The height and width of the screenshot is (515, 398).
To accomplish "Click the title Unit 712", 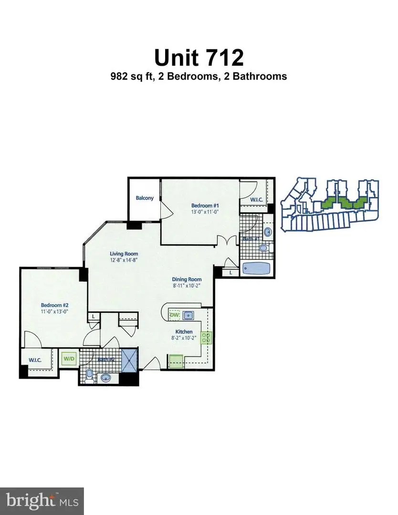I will pyautogui.click(x=199, y=57).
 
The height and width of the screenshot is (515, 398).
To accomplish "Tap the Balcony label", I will pyautogui.click(x=145, y=198).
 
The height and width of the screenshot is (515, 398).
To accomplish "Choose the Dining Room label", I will pyautogui.click(x=187, y=279).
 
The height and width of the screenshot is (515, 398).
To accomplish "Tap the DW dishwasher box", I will pyautogui.click(x=174, y=315).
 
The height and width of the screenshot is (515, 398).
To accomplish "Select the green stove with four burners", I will pyautogui.click(x=206, y=338).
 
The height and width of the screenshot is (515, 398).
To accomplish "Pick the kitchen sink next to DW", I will pyautogui.click(x=188, y=315).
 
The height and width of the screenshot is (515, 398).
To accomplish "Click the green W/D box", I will pyautogui.click(x=68, y=358).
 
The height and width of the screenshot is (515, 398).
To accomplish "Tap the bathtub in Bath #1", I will pyautogui.click(x=258, y=269).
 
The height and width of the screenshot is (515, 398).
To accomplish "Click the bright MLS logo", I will pyautogui.click(x=42, y=500).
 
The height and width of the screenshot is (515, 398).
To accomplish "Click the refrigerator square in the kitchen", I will pyautogui.click(x=176, y=361).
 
